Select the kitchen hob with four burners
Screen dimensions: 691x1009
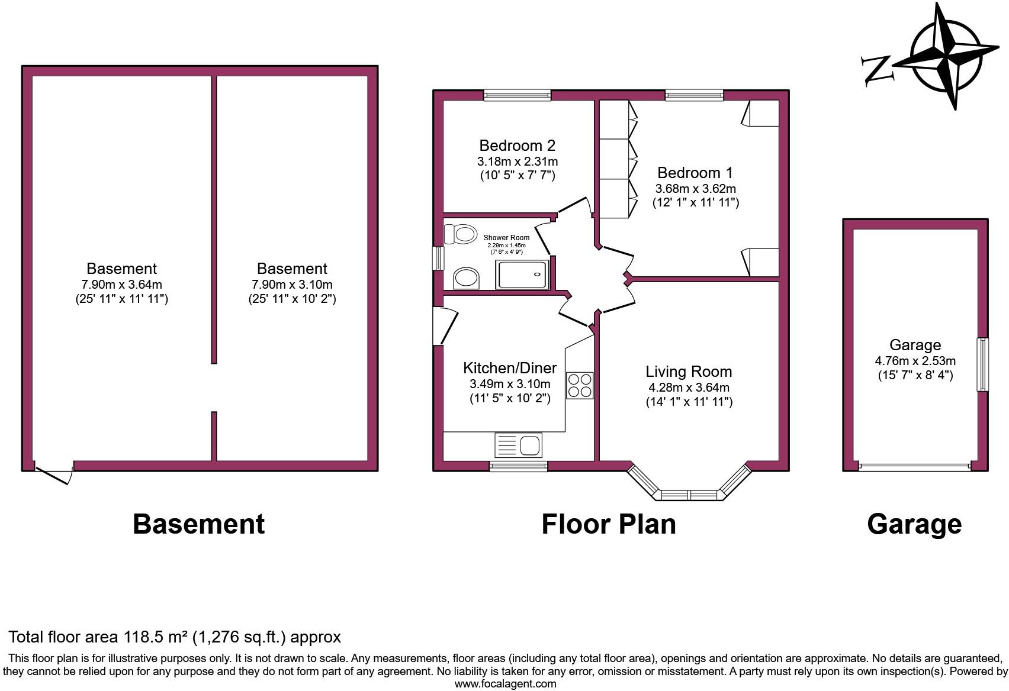coord(580,385)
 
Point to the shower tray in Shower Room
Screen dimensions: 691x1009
coord(524,275)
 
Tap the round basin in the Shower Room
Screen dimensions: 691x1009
coord(466,277)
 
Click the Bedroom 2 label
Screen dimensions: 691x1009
coord(517,146)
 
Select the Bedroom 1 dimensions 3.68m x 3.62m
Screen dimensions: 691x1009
coord(695,189)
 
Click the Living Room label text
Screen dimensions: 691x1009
coord(689,372)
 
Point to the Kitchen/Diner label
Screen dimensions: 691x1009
coord(510,368)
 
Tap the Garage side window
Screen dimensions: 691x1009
coord(982,364)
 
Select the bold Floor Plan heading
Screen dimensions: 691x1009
coord(608,524)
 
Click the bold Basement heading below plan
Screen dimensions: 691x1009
coord(198,524)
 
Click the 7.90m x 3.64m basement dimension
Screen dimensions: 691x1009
coord(121,284)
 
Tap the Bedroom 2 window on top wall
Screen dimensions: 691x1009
coord(517,95)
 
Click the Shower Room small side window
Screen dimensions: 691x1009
coord(439,259)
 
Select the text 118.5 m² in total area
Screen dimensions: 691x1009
coord(155,637)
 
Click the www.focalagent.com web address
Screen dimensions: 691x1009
coord(505,684)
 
